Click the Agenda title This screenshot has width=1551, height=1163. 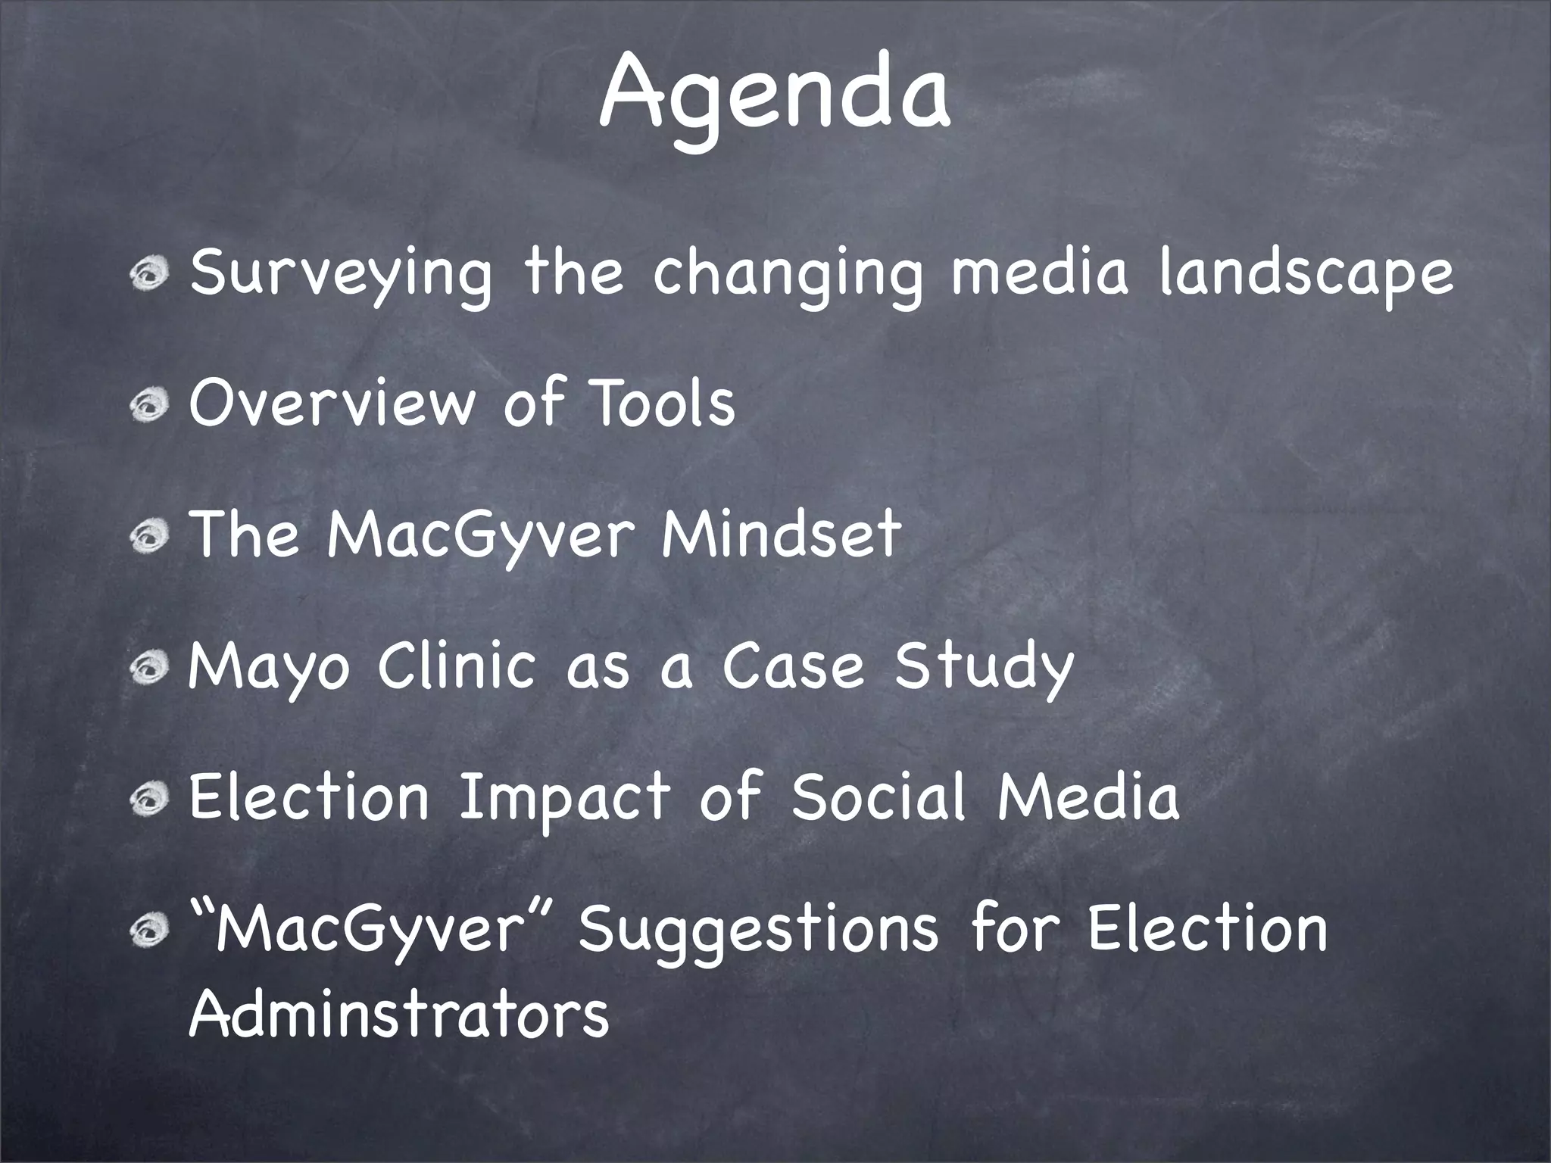(x=775, y=95)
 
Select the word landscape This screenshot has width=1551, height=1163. (x=1306, y=274)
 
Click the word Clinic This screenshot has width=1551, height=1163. (x=457, y=666)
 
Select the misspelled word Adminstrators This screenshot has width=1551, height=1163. (x=398, y=1014)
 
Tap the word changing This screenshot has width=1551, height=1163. (x=788, y=274)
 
